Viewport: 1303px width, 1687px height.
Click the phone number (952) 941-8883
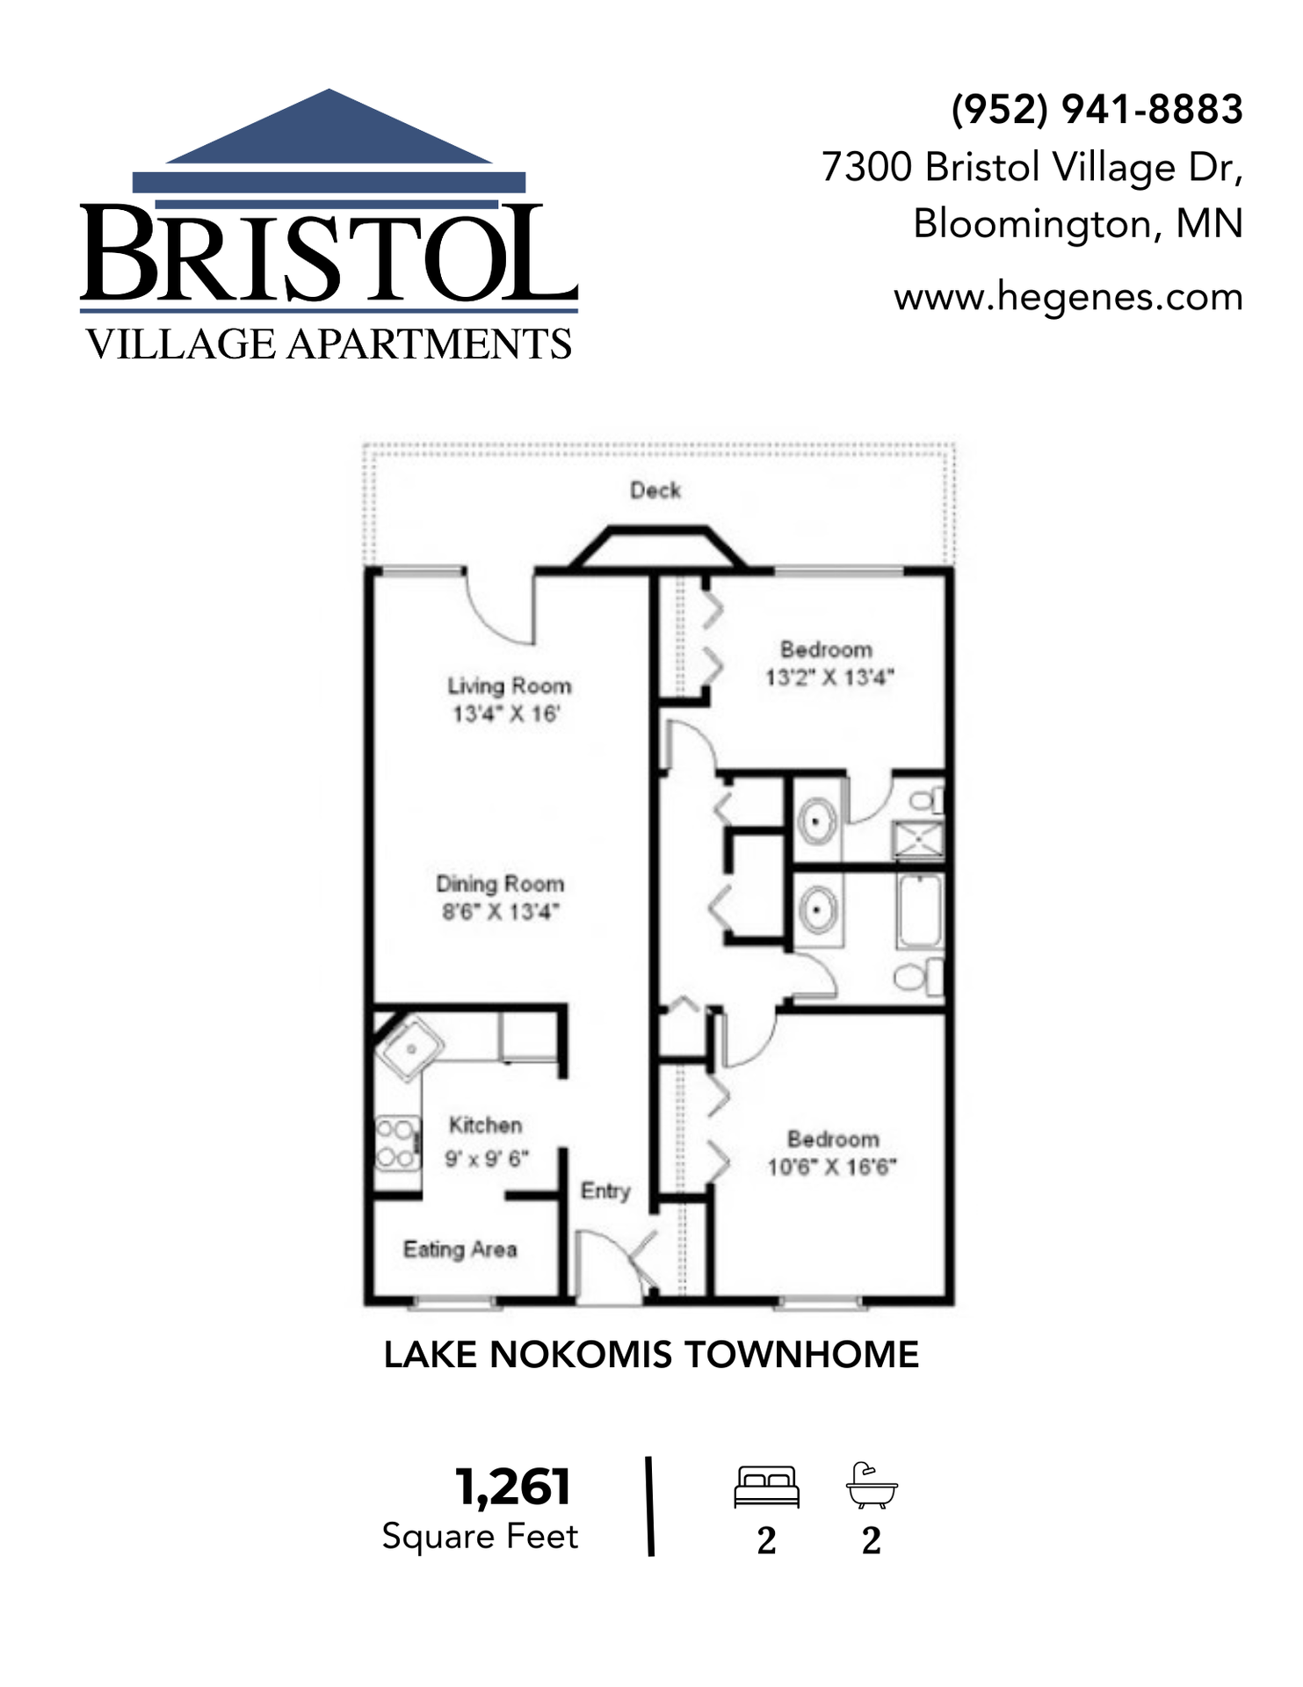pyautogui.click(x=1097, y=110)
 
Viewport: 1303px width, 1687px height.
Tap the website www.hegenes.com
pyautogui.click(x=1068, y=298)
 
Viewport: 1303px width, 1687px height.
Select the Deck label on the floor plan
pyautogui.click(x=655, y=490)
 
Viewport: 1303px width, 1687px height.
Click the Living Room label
pyautogui.click(x=509, y=685)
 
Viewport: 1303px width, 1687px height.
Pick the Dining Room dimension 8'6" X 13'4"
pyautogui.click(x=500, y=912)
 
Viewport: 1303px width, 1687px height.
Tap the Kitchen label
pyautogui.click(x=485, y=1125)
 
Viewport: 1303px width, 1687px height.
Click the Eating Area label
pyautogui.click(x=460, y=1249)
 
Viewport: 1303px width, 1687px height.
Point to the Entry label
pyautogui.click(x=605, y=1191)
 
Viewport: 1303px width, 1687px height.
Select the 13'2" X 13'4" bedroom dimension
pyautogui.click(x=829, y=677)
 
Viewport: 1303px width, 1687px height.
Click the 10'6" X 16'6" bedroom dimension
pyautogui.click(x=832, y=1167)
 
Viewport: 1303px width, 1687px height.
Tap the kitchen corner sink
pyautogui.click(x=410, y=1047)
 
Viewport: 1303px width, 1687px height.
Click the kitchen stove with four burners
pyautogui.click(x=396, y=1143)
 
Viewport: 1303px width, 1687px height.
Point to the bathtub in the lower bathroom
pyautogui.click(x=920, y=910)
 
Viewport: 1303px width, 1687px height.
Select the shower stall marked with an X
pyautogui.click(x=917, y=840)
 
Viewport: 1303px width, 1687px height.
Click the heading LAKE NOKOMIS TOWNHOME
pyautogui.click(x=651, y=1355)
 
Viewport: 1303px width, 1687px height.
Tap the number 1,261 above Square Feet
pyautogui.click(x=513, y=1488)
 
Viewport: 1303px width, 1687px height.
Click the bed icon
pyautogui.click(x=766, y=1487)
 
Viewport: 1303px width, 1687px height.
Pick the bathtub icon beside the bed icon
pyautogui.click(x=872, y=1486)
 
